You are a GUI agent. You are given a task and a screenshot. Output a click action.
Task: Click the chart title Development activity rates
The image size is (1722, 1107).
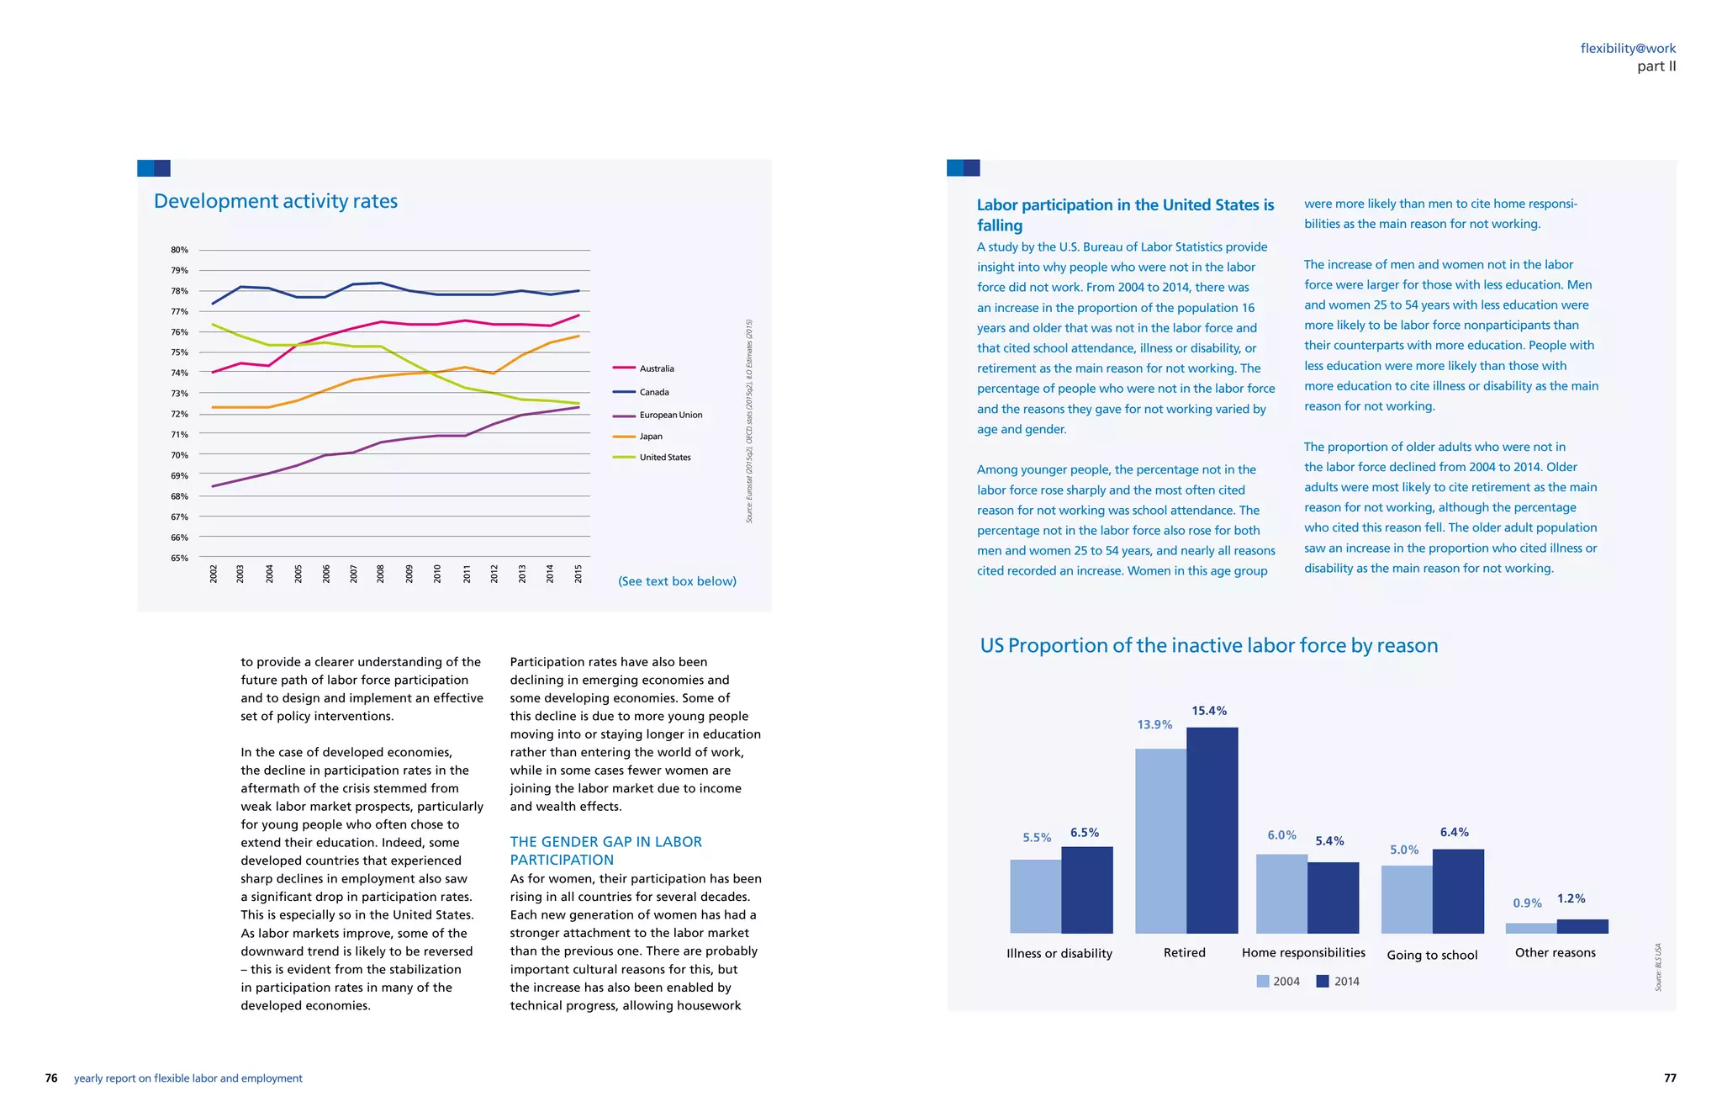[276, 201]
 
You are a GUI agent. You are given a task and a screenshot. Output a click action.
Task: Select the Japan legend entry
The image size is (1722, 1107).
[650, 437]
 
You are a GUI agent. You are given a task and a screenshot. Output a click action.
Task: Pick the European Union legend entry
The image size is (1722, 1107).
[670, 415]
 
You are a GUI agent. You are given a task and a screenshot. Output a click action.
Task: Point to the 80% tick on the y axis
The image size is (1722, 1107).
[179, 250]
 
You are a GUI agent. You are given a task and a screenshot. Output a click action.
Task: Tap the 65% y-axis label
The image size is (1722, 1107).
[179, 558]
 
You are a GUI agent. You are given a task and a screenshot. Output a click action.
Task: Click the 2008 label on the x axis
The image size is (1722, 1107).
[381, 574]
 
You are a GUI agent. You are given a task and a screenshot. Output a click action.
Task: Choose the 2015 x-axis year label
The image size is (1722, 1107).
[578, 574]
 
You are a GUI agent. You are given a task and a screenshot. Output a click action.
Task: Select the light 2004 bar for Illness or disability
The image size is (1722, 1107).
[1035, 896]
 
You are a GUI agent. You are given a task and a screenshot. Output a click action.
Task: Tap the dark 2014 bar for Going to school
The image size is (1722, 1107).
[1458, 891]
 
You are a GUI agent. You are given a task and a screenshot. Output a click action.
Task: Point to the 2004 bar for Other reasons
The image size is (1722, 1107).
[1530, 928]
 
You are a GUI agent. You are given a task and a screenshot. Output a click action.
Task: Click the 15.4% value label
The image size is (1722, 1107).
[1209, 711]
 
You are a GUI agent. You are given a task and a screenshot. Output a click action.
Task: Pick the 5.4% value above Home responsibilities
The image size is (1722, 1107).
[1329, 841]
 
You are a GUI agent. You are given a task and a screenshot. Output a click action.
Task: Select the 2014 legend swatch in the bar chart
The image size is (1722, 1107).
[1323, 982]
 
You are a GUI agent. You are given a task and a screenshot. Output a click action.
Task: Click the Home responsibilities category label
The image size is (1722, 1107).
[1303, 952]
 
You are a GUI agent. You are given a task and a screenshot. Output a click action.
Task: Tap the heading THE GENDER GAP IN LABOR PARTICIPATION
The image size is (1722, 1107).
[605, 850]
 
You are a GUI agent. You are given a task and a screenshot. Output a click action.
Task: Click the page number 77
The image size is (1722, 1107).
[1670, 1078]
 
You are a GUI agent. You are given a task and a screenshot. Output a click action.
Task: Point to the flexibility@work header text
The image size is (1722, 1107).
[1628, 49]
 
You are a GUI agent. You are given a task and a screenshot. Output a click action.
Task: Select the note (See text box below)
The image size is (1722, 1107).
[677, 581]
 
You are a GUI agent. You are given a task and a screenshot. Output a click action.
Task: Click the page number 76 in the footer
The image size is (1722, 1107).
[51, 1078]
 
